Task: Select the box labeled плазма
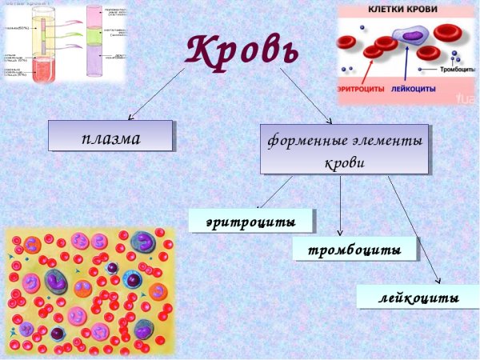110,136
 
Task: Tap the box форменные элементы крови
344,150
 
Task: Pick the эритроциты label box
250,220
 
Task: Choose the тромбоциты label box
354,249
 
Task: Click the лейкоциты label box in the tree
418,297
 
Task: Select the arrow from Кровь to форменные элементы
306,94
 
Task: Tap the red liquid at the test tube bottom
38,70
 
